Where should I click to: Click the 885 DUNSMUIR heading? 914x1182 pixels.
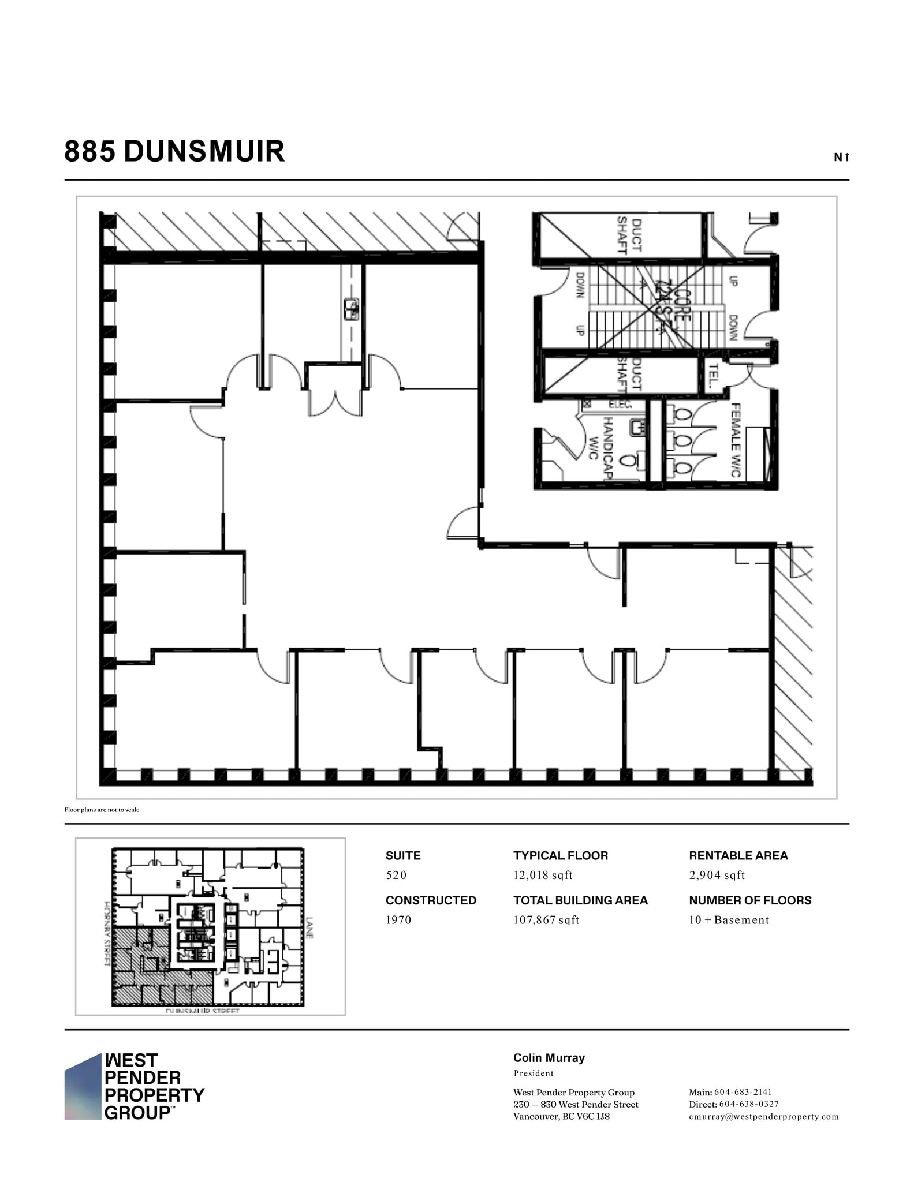coord(174,152)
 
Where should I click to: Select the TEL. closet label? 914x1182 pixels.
coord(714,375)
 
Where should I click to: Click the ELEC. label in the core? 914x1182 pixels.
coord(620,405)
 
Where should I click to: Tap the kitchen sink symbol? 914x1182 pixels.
coord(351,309)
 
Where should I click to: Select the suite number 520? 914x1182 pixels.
coord(396,875)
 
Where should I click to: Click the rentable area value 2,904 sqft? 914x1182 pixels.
coord(717,875)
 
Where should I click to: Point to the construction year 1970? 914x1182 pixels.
coord(398,920)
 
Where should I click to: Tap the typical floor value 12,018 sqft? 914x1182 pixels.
coord(543,875)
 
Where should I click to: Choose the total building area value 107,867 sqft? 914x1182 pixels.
coord(546,920)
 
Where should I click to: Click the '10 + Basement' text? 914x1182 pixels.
coord(729,920)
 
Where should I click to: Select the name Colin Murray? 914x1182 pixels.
coord(549,1058)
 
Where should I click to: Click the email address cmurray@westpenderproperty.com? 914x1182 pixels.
coord(763,1116)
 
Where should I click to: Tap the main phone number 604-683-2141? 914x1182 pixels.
coord(743,1092)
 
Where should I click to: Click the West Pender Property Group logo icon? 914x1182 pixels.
coord(83,1087)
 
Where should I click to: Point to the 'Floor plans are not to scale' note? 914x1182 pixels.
coord(102,810)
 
